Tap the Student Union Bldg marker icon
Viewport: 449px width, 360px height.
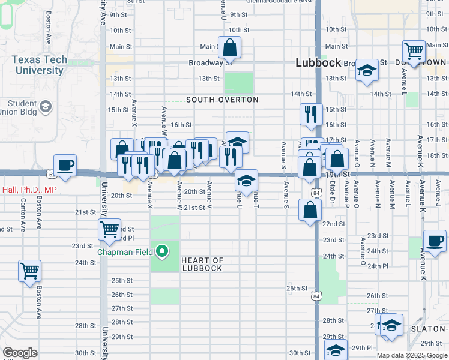click(x=45, y=107)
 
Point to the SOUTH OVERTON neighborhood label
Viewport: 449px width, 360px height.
click(x=222, y=100)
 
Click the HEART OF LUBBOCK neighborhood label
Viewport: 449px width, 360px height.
click(x=202, y=265)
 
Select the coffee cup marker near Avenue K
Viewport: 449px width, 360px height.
click(x=435, y=241)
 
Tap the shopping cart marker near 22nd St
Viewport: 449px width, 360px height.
click(x=109, y=229)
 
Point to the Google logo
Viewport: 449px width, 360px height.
click(x=20, y=353)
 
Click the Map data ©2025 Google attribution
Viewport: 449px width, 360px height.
click(x=412, y=355)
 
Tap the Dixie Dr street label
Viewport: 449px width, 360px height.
click(x=332, y=193)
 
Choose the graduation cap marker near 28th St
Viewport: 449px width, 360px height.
click(x=391, y=325)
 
